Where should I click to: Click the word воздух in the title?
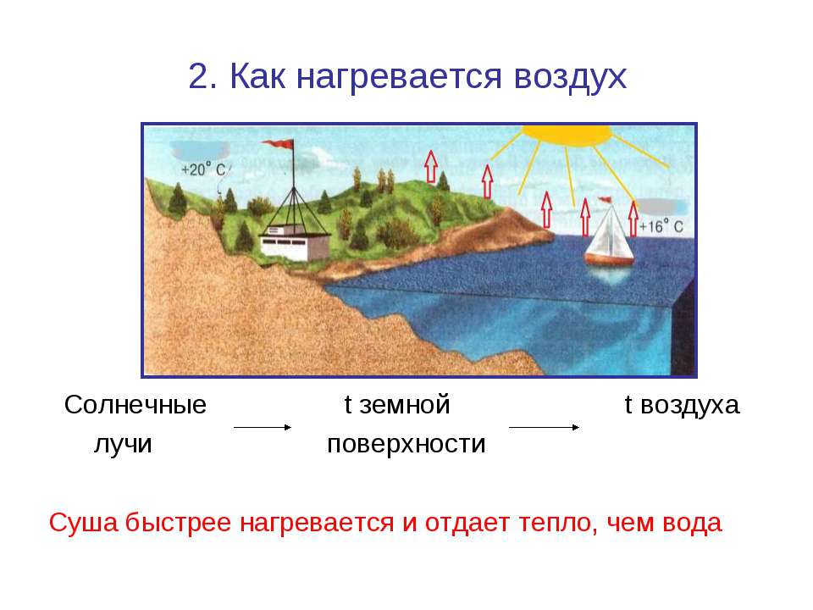(570, 77)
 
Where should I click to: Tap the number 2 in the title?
(198, 75)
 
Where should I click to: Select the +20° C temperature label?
(204, 169)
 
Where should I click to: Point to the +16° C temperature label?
(661, 227)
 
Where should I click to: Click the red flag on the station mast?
(278, 144)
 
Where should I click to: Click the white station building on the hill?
(294, 243)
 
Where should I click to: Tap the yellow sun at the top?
(567, 134)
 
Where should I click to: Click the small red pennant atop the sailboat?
(605, 200)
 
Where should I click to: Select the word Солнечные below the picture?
(135, 405)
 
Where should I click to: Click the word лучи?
(123, 445)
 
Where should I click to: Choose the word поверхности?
(406, 445)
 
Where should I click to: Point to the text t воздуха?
(682, 405)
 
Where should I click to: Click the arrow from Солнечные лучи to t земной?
(263, 427)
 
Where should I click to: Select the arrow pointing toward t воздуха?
(544, 427)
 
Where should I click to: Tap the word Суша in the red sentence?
(84, 523)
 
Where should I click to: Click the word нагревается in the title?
(399, 78)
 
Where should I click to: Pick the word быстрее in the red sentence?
(179, 523)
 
